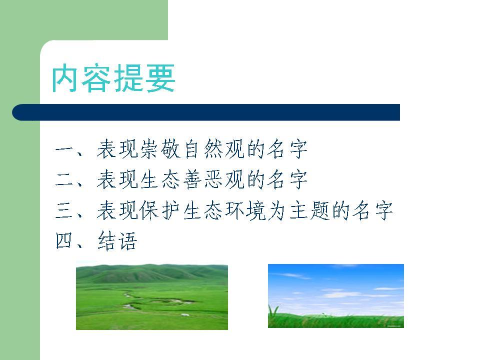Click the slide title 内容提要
click(x=113, y=78)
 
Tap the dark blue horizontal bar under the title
click(x=206, y=112)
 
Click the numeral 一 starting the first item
click(x=64, y=150)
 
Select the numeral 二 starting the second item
click(x=64, y=179)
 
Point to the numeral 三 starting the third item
click(x=64, y=210)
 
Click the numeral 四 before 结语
click(x=64, y=240)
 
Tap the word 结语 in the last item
click(x=117, y=240)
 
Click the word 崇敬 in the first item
click(x=160, y=149)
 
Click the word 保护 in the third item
click(x=160, y=210)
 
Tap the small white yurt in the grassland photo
click(x=185, y=314)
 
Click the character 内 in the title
click(x=65, y=78)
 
